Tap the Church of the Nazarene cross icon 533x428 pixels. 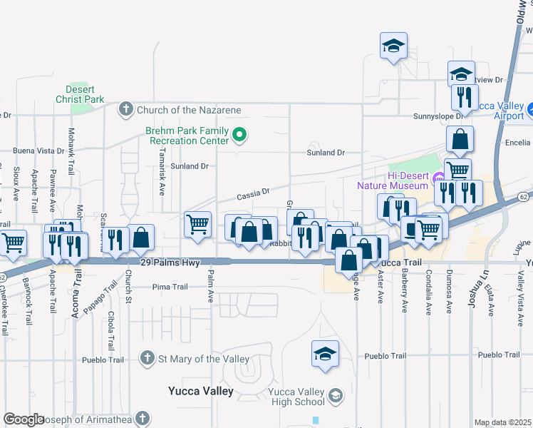tap(126, 110)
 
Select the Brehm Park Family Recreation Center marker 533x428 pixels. tap(241, 134)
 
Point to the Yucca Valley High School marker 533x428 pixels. tap(336, 394)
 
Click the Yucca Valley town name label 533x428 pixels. tap(200, 391)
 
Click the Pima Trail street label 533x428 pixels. tap(170, 287)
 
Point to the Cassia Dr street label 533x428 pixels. tap(254, 192)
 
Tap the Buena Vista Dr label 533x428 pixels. tap(43, 151)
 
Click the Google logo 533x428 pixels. tap(24, 419)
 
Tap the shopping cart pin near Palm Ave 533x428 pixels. tap(197, 224)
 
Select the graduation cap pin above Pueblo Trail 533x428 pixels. tap(324, 353)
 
